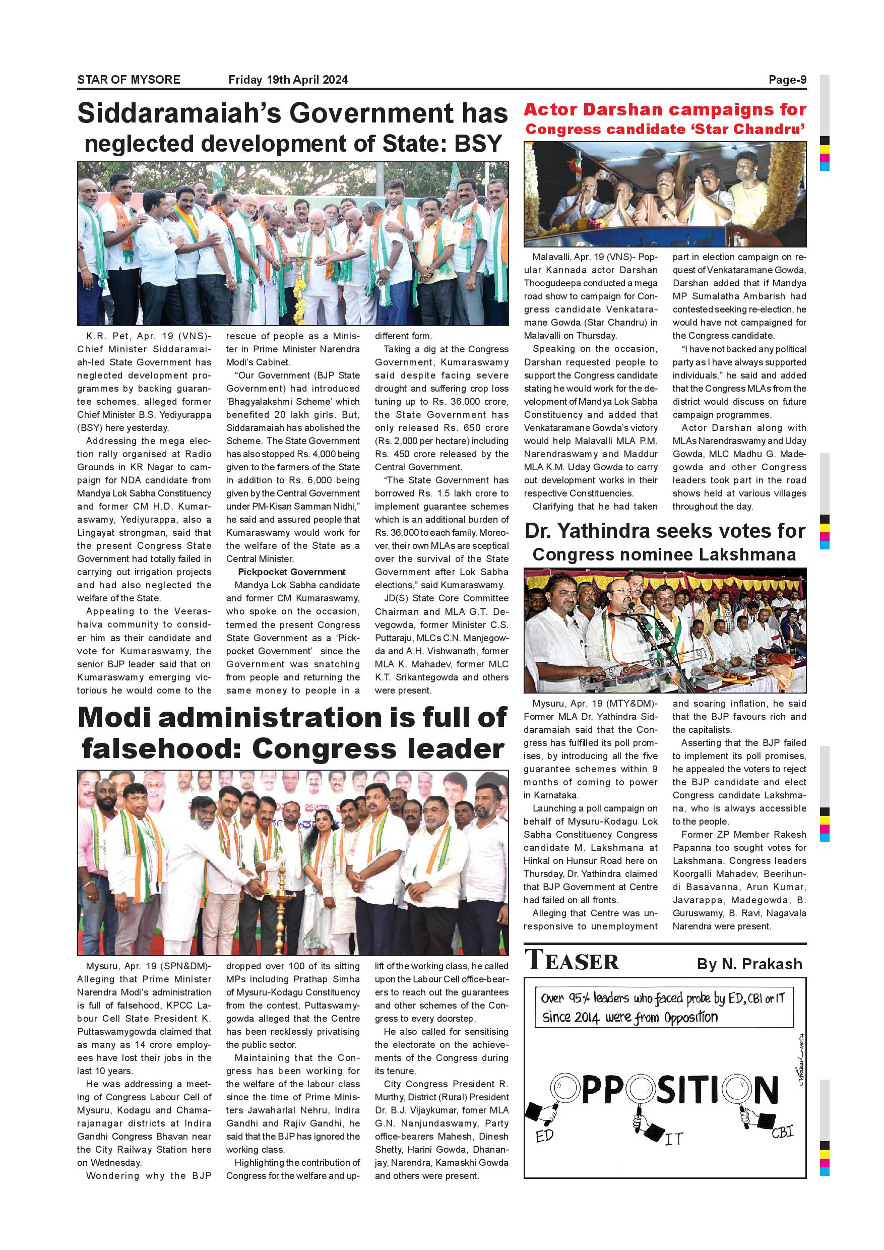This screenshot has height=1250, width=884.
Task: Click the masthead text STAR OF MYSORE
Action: coord(129,80)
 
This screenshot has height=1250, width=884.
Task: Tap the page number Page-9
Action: coord(787,80)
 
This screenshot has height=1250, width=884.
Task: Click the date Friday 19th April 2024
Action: coord(288,80)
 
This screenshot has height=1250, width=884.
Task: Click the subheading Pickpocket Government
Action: coord(291,572)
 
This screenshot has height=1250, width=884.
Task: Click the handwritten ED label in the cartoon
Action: coord(544,1136)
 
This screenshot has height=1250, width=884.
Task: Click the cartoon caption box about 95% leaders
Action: coord(664,1007)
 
